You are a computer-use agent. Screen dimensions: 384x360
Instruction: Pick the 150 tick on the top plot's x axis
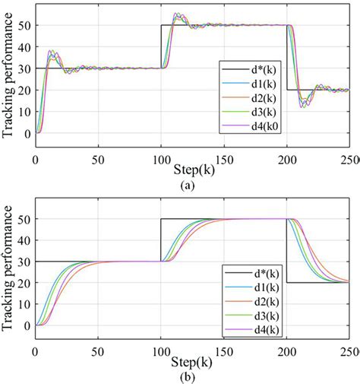point(224,161)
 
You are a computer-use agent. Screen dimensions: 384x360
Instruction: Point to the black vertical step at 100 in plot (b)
point(160,240)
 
